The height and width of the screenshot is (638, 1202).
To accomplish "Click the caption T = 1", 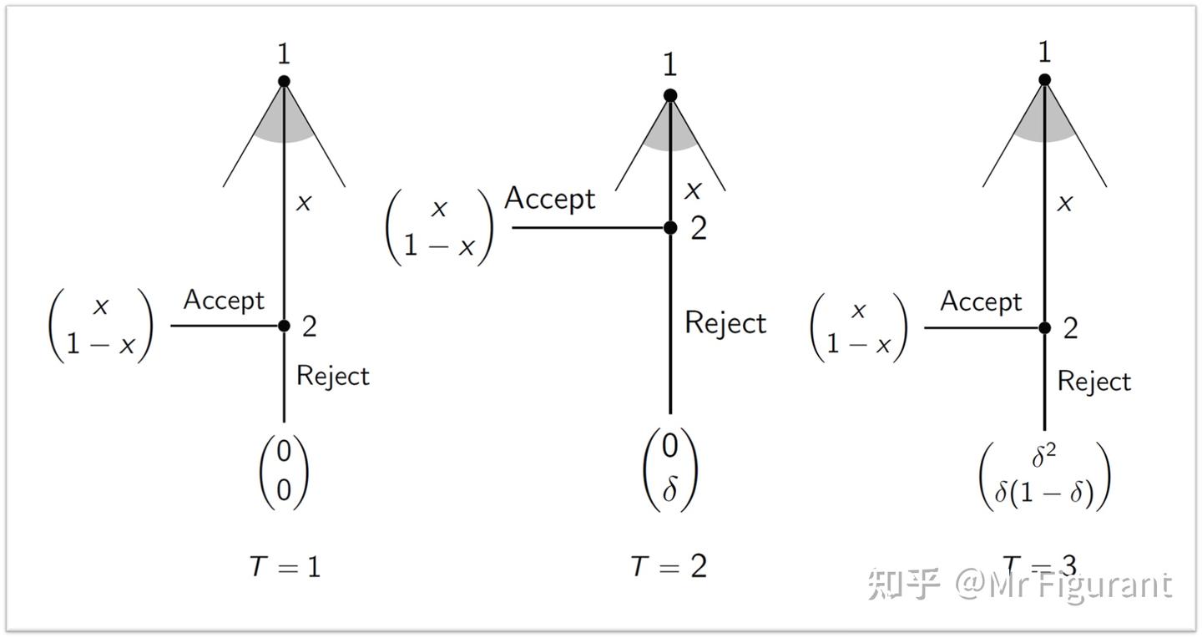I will pyautogui.click(x=284, y=567).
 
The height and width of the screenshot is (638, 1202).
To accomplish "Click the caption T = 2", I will pyautogui.click(x=669, y=567).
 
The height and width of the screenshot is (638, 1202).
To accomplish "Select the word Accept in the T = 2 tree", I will pyautogui.click(x=550, y=200).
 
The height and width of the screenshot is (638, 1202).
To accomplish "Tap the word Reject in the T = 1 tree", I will pyautogui.click(x=332, y=376).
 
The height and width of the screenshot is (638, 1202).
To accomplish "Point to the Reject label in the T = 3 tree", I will pyautogui.click(x=1094, y=382).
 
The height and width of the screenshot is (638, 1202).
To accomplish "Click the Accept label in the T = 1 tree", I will pyautogui.click(x=224, y=301).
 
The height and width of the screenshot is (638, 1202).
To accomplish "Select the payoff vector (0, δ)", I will pyautogui.click(x=669, y=468).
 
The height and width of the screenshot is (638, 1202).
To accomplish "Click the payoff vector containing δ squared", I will pyautogui.click(x=1044, y=475).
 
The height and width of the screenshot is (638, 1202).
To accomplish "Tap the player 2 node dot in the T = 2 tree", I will pyautogui.click(x=669, y=227).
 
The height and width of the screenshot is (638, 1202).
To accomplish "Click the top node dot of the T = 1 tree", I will pyautogui.click(x=284, y=81).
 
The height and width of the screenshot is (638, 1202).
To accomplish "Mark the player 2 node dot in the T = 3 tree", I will pyautogui.click(x=1044, y=328).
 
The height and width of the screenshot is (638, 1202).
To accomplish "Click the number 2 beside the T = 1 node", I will pyautogui.click(x=310, y=327).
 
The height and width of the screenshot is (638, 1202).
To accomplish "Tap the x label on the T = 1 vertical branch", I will pyautogui.click(x=304, y=203).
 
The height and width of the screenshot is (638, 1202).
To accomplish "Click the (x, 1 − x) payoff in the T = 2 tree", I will pyautogui.click(x=439, y=227).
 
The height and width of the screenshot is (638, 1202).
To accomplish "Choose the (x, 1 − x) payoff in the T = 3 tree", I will pyautogui.click(x=858, y=327).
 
